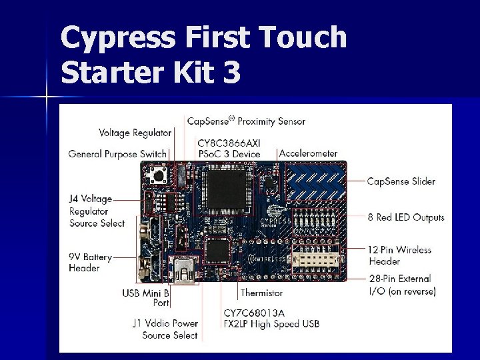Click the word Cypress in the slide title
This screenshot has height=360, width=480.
(x=118, y=38)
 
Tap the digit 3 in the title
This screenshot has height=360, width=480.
(x=232, y=72)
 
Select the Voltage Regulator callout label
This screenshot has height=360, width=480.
(x=135, y=133)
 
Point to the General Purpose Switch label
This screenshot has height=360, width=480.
(x=117, y=154)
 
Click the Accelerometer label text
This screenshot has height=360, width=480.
(x=308, y=153)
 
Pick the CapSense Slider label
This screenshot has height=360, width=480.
(x=401, y=181)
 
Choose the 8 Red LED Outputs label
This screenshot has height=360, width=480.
(x=406, y=217)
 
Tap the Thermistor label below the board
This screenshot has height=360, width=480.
(x=261, y=293)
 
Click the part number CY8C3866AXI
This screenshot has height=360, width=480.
(x=229, y=143)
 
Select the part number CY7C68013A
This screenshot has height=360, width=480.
(x=254, y=313)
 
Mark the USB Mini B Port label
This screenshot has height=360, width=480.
(x=146, y=298)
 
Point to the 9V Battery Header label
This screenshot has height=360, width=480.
(x=90, y=263)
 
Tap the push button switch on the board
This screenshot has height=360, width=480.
(x=158, y=175)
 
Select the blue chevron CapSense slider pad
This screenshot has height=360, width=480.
(x=315, y=182)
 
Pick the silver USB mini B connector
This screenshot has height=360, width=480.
(x=183, y=270)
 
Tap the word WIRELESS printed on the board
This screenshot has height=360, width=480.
(x=269, y=259)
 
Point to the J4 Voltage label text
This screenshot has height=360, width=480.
(x=91, y=199)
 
